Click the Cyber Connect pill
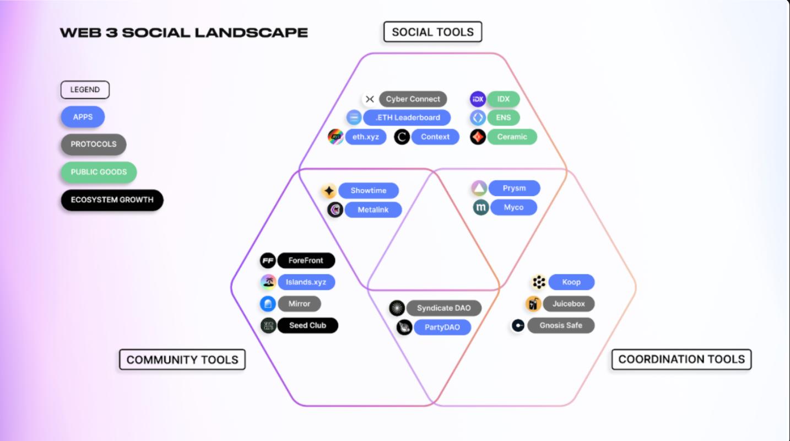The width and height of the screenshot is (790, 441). [413, 99]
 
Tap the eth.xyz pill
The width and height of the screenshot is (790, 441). [366, 137]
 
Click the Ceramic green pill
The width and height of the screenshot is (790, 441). [512, 137]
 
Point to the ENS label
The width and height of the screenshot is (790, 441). [503, 117]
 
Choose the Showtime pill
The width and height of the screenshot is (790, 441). [368, 191]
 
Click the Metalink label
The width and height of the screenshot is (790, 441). [373, 209]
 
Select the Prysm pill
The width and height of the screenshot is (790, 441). [514, 189]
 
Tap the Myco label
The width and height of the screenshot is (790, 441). [513, 208]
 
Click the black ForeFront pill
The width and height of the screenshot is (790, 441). [306, 261]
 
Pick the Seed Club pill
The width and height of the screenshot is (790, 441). [307, 325]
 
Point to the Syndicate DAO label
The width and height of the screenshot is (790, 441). [443, 308]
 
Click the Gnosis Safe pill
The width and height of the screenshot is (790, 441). [561, 325]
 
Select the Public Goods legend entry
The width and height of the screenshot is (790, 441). [99, 172]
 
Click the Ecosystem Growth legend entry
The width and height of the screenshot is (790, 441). [112, 200]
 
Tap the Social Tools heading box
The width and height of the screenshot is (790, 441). [432, 32]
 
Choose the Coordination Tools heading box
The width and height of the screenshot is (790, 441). [681, 359]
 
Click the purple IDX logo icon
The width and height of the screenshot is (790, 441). [478, 99]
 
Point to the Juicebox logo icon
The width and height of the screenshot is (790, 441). [533, 304]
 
